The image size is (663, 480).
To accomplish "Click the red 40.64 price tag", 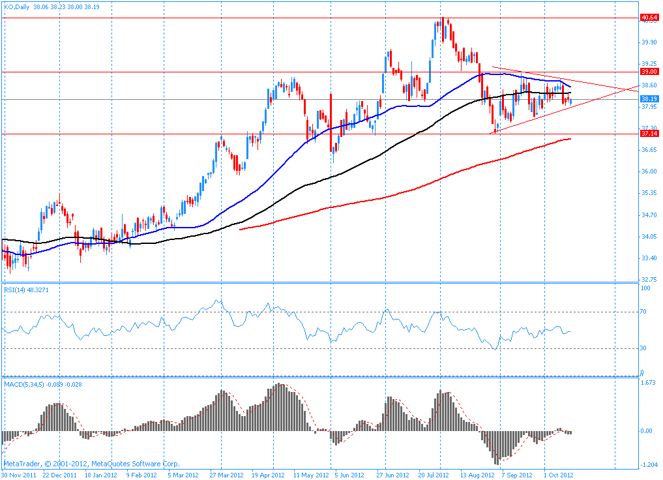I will pos(649,17).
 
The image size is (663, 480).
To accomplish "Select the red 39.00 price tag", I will pos(649,72).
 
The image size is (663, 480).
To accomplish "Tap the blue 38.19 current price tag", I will pos(649,99).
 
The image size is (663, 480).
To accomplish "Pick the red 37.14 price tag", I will pos(649,134).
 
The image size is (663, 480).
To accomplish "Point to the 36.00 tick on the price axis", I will pos(648,172).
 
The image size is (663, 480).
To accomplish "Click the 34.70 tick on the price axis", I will pos(648,215).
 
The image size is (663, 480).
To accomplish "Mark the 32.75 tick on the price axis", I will pos(648,279).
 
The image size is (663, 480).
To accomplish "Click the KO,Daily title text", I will pos(18,7).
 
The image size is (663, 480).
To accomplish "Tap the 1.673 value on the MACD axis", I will pos(647,383).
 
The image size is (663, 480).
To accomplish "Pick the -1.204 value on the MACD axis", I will pos(647,464).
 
